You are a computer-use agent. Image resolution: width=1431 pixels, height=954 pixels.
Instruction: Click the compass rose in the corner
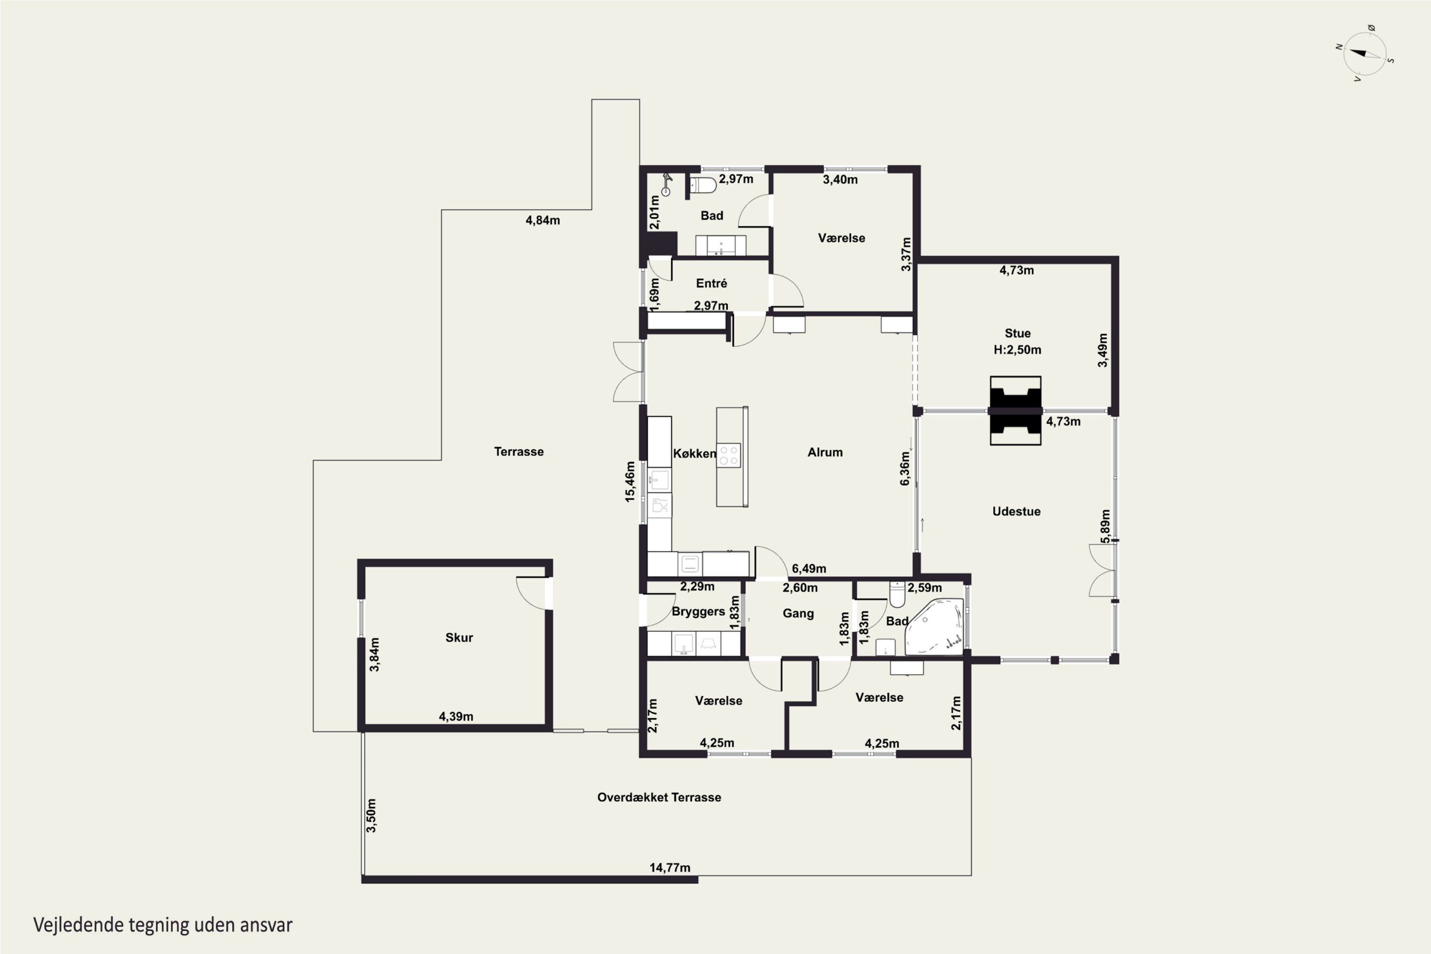(x=1365, y=53)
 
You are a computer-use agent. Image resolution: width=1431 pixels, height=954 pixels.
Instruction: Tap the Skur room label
(x=459, y=638)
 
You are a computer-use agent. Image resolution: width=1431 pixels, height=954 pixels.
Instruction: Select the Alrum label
(x=825, y=452)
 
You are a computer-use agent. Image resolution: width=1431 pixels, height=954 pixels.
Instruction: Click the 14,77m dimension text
(x=670, y=868)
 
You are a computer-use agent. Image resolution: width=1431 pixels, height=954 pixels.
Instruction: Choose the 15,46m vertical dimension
(x=630, y=482)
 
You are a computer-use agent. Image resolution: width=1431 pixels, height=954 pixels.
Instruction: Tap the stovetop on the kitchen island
(x=729, y=455)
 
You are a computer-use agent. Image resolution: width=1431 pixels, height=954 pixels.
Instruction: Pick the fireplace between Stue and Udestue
(x=1016, y=411)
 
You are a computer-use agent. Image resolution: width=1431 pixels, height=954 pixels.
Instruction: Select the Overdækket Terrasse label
(x=659, y=797)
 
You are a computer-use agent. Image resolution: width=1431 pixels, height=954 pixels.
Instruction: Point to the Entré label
(x=711, y=283)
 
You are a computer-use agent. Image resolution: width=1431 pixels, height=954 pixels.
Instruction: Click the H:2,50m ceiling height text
(x=1017, y=350)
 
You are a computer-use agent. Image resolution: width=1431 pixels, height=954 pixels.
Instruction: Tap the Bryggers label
(x=698, y=612)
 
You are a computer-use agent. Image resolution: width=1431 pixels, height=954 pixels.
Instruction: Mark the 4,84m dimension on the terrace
(x=543, y=220)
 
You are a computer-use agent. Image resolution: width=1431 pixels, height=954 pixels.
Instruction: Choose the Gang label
(x=798, y=613)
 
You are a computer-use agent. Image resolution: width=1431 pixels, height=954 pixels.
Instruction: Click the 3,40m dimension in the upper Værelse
(x=840, y=179)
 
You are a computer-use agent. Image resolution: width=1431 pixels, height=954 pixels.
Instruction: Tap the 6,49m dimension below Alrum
(x=809, y=568)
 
